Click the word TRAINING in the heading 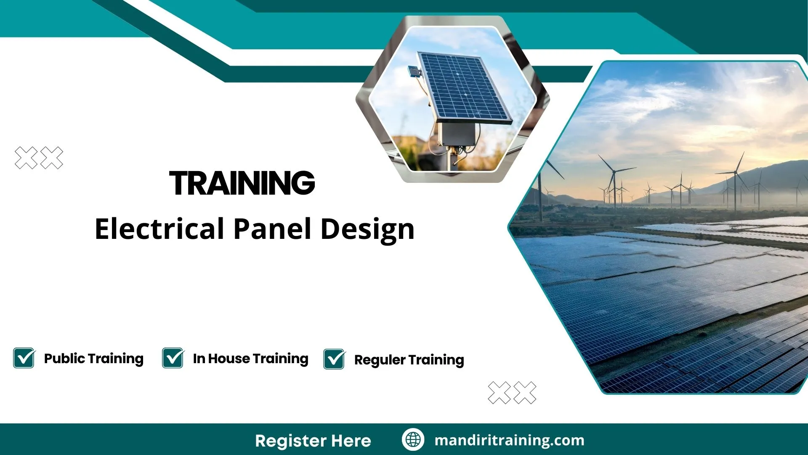242,183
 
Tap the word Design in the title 367,230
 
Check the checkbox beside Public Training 24,358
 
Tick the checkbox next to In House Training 173,358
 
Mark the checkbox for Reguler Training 334,359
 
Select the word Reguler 380,360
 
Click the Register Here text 313,441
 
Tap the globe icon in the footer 413,439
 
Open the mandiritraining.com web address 509,440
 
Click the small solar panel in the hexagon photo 463,86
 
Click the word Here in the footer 351,441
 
